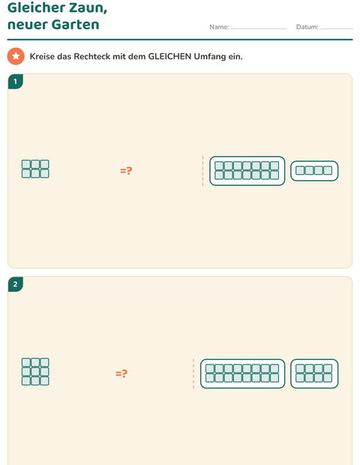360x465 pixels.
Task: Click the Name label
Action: click(219, 27)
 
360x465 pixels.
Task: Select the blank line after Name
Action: click(259, 28)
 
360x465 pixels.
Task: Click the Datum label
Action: click(307, 27)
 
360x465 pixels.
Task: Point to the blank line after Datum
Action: click(337, 28)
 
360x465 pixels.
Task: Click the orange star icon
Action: click(16, 56)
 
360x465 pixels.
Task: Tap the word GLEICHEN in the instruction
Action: click(169, 56)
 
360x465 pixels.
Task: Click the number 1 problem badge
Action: click(16, 82)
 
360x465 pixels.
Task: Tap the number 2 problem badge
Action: click(16, 284)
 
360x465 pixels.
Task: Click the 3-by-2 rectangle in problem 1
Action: click(35, 169)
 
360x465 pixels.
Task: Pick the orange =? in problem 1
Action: click(126, 170)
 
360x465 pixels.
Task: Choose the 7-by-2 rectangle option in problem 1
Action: click(247, 171)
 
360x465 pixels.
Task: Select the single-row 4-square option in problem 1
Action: click(314, 171)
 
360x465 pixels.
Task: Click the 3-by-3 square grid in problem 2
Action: click(35, 371)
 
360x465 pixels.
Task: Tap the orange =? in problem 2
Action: click(121, 373)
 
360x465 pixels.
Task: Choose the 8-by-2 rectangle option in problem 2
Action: click(242, 373)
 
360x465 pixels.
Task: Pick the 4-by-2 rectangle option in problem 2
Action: click(314, 373)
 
